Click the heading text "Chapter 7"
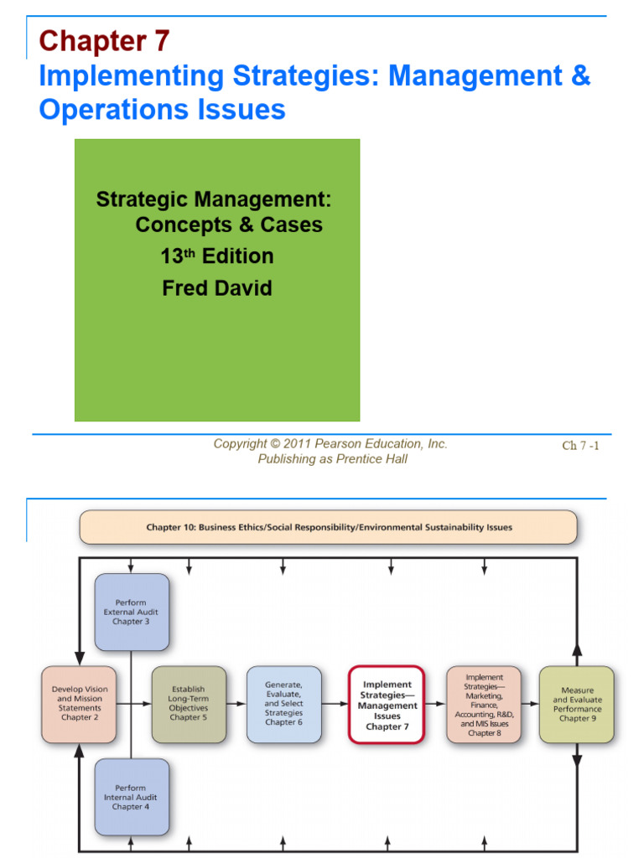(x=104, y=40)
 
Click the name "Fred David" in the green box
(x=217, y=289)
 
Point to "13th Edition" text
(x=217, y=256)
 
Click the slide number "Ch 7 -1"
(x=580, y=446)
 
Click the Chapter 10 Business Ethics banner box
(x=328, y=528)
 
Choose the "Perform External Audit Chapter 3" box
(x=132, y=612)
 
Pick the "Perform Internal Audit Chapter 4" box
(x=132, y=797)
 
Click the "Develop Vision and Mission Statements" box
(x=79, y=704)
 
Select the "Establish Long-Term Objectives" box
(x=189, y=704)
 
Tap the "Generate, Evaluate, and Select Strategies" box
(x=284, y=704)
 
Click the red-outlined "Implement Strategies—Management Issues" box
(x=387, y=705)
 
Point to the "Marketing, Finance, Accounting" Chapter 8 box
(x=484, y=704)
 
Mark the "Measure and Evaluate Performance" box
(x=577, y=705)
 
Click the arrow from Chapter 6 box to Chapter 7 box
(x=335, y=704)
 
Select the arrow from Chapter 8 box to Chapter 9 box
(x=530, y=704)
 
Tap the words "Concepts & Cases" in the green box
(x=229, y=225)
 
